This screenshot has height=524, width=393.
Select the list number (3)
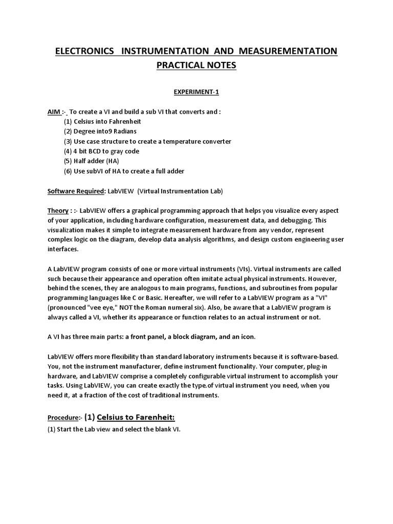point(68,141)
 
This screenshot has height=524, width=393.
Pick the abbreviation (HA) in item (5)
point(112,161)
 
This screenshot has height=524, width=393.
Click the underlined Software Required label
point(76,191)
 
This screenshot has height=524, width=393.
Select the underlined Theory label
point(58,211)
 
